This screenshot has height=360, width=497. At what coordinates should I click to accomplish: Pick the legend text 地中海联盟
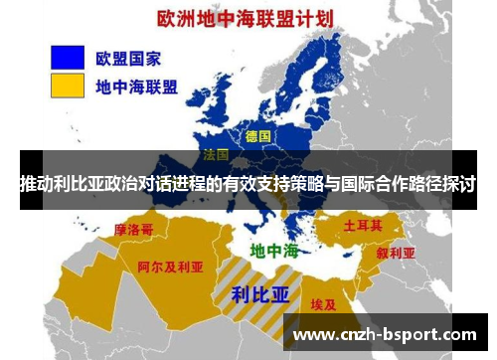(x=136, y=87)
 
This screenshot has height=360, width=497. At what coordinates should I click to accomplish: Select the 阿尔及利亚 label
(x=170, y=267)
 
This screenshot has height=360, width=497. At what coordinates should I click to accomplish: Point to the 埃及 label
(x=322, y=304)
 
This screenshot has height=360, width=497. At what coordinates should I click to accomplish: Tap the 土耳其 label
(x=363, y=226)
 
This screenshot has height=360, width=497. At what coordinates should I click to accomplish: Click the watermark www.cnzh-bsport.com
(x=386, y=335)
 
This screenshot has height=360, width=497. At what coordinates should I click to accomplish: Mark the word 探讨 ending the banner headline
(x=459, y=185)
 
